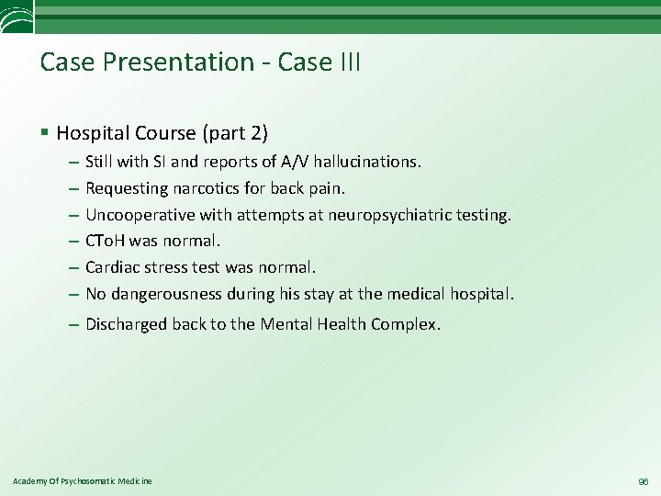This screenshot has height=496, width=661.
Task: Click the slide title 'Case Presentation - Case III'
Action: coord(200,62)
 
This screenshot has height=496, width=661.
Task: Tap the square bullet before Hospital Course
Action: coord(45,134)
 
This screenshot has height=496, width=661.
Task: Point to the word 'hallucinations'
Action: coord(366,162)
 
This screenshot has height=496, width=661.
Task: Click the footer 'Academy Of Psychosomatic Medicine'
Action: coord(83,481)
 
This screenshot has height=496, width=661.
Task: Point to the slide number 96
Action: coord(642,481)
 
